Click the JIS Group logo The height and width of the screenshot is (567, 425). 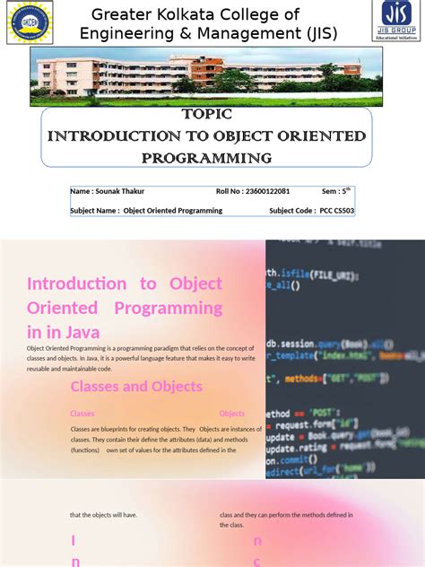point(396,20)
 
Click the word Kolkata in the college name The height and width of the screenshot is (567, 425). point(212,14)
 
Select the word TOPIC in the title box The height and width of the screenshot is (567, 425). point(207,114)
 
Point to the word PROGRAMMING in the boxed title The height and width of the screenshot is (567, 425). point(207,158)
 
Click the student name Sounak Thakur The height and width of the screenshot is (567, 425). point(119,191)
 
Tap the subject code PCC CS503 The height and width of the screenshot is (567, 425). point(337,211)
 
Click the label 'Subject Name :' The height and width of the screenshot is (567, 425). point(95,211)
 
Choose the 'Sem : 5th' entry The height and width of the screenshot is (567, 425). point(337,191)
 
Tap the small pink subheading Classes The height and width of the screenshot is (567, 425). point(82,414)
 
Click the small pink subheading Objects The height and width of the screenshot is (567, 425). point(231,414)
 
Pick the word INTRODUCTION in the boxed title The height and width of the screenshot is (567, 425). point(100,136)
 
